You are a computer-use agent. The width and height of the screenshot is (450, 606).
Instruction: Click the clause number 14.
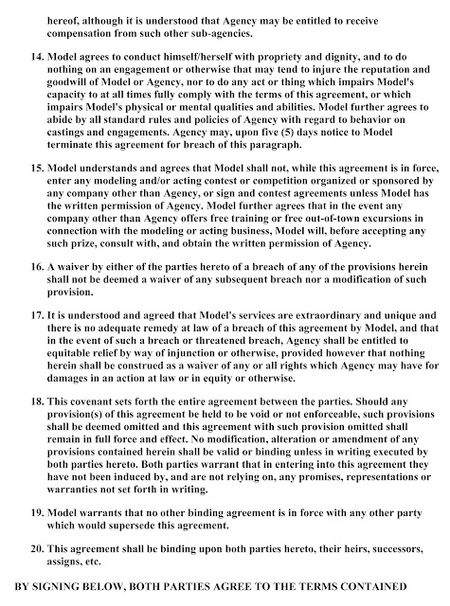point(29,70)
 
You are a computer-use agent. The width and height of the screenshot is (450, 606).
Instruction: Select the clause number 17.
point(29,313)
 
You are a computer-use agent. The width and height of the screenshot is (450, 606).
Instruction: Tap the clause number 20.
point(29,549)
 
